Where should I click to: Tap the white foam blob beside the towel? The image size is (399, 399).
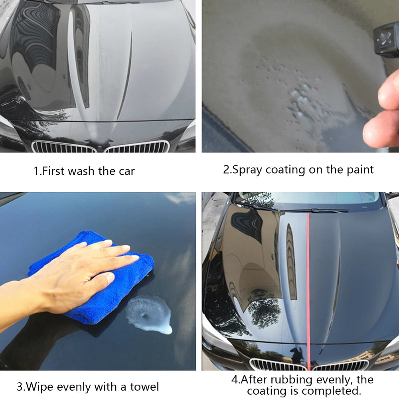pyautogui.click(x=150, y=313)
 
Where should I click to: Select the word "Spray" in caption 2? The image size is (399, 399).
pyautogui.click(x=247, y=169)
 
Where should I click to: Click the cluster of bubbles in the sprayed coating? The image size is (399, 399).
pyautogui.click(x=301, y=96)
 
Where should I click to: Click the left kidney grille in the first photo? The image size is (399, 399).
pyautogui.click(x=64, y=147)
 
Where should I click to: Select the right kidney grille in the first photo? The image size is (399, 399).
pyautogui.click(x=138, y=147)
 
